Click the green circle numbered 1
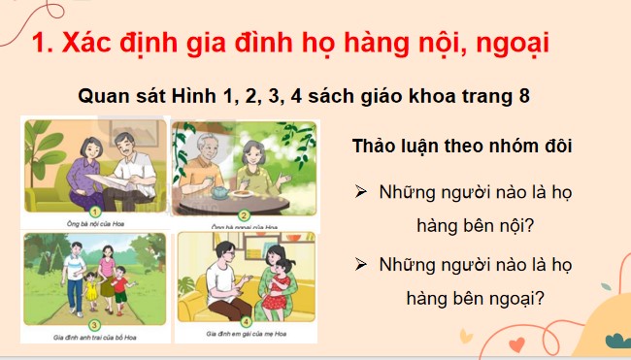[x=95, y=212]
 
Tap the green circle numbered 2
[x=245, y=215]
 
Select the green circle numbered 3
[x=95, y=325]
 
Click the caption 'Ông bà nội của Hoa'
[x=94, y=224]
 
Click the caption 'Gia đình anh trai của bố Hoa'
[x=94, y=338]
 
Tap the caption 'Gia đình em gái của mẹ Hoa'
[x=245, y=338]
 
